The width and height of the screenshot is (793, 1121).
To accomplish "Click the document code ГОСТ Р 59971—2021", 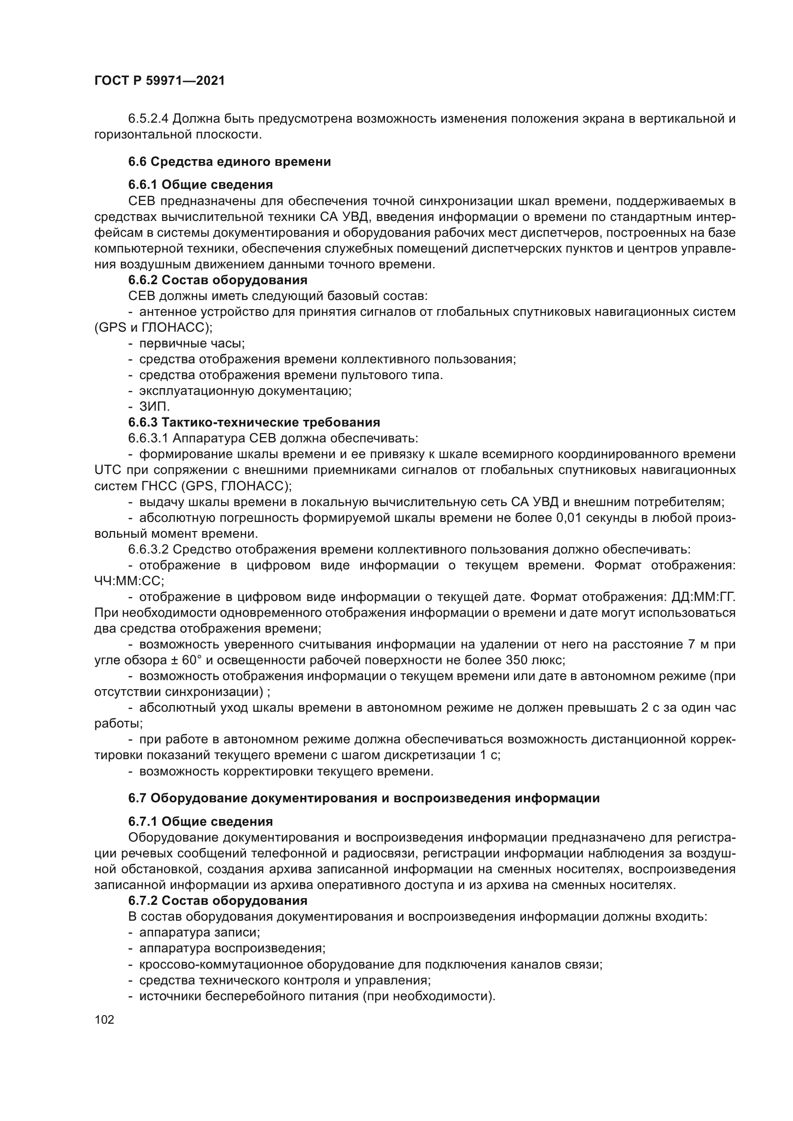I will point(159,81).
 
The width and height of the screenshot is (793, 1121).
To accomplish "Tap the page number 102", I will point(104,1019).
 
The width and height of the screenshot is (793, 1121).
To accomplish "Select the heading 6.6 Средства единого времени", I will point(230,162).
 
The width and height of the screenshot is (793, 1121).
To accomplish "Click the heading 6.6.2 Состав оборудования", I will point(217,280).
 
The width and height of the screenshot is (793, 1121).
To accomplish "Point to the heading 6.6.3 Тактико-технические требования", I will point(254,422).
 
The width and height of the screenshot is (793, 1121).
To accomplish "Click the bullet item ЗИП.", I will point(154,406).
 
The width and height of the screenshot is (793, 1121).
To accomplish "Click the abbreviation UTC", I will point(107,470).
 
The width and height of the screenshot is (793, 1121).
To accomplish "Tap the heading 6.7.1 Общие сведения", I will point(200,821).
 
